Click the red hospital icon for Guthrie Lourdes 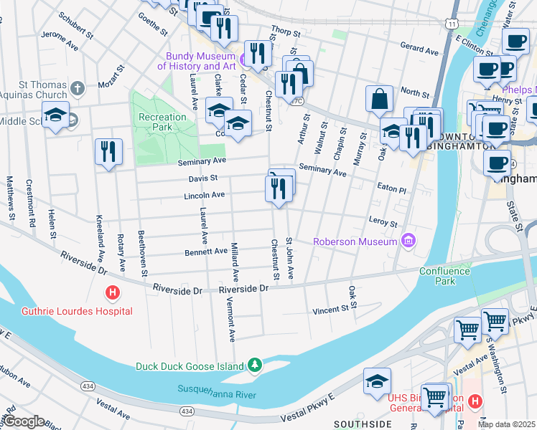112,292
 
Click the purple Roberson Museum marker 408,241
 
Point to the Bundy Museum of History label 200,61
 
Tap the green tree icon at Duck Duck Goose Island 254,365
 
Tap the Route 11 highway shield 451,24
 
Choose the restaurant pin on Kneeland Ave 108,151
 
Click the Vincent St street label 335,309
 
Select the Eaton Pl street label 391,190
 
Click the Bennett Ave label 205,252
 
